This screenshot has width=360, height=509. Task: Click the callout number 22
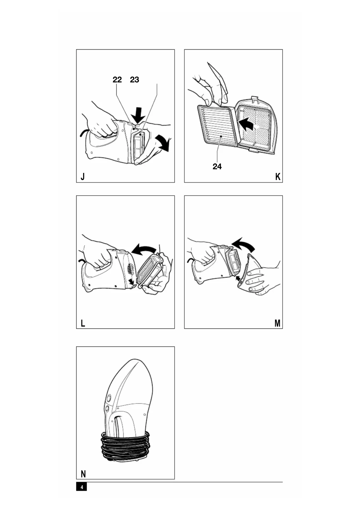pyautogui.click(x=117, y=80)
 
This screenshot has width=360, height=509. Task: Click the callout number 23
pyautogui.click(x=135, y=80)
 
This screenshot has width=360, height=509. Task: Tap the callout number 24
pyautogui.click(x=217, y=167)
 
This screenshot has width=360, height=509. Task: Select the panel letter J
pyautogui.click(x=83, y=176)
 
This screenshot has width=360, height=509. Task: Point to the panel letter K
pyautogui.click(x=278, y=176)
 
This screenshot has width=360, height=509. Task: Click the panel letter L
pyautogui.click(x=83, y=323)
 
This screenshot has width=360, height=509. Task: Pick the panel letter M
pyautogui.click(x=277, y=323)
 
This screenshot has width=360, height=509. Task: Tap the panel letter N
pyautogui.click(x=83, y=474)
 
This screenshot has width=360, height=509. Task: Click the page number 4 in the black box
pyautogui.click(x=82, y=487)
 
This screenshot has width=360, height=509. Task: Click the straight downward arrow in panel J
pyautogui.click(x=138, y=115)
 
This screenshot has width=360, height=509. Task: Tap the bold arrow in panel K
pyautogui.click(x=245, y=124)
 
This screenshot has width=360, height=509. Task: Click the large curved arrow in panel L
pyautogui.click(x=144, y=249)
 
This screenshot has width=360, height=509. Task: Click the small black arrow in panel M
pyautogui.click(x=238, y=279)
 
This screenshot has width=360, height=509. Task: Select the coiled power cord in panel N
pyautogui.click(x=125, y=446)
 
